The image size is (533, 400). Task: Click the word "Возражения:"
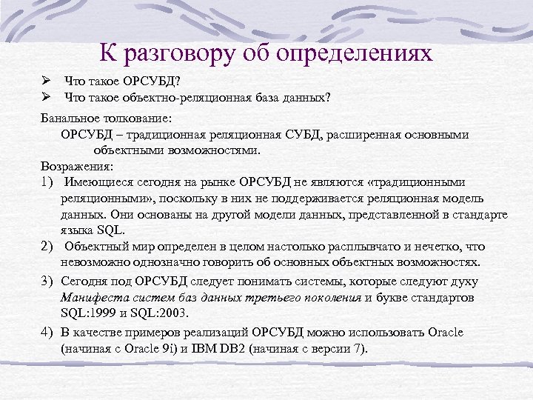pyautogui.click(x=77, y=165)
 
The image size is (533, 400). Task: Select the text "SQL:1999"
pyautogui.click(x=87, y=313)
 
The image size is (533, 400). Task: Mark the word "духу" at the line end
pyautogui.click(x=463, y=281)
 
